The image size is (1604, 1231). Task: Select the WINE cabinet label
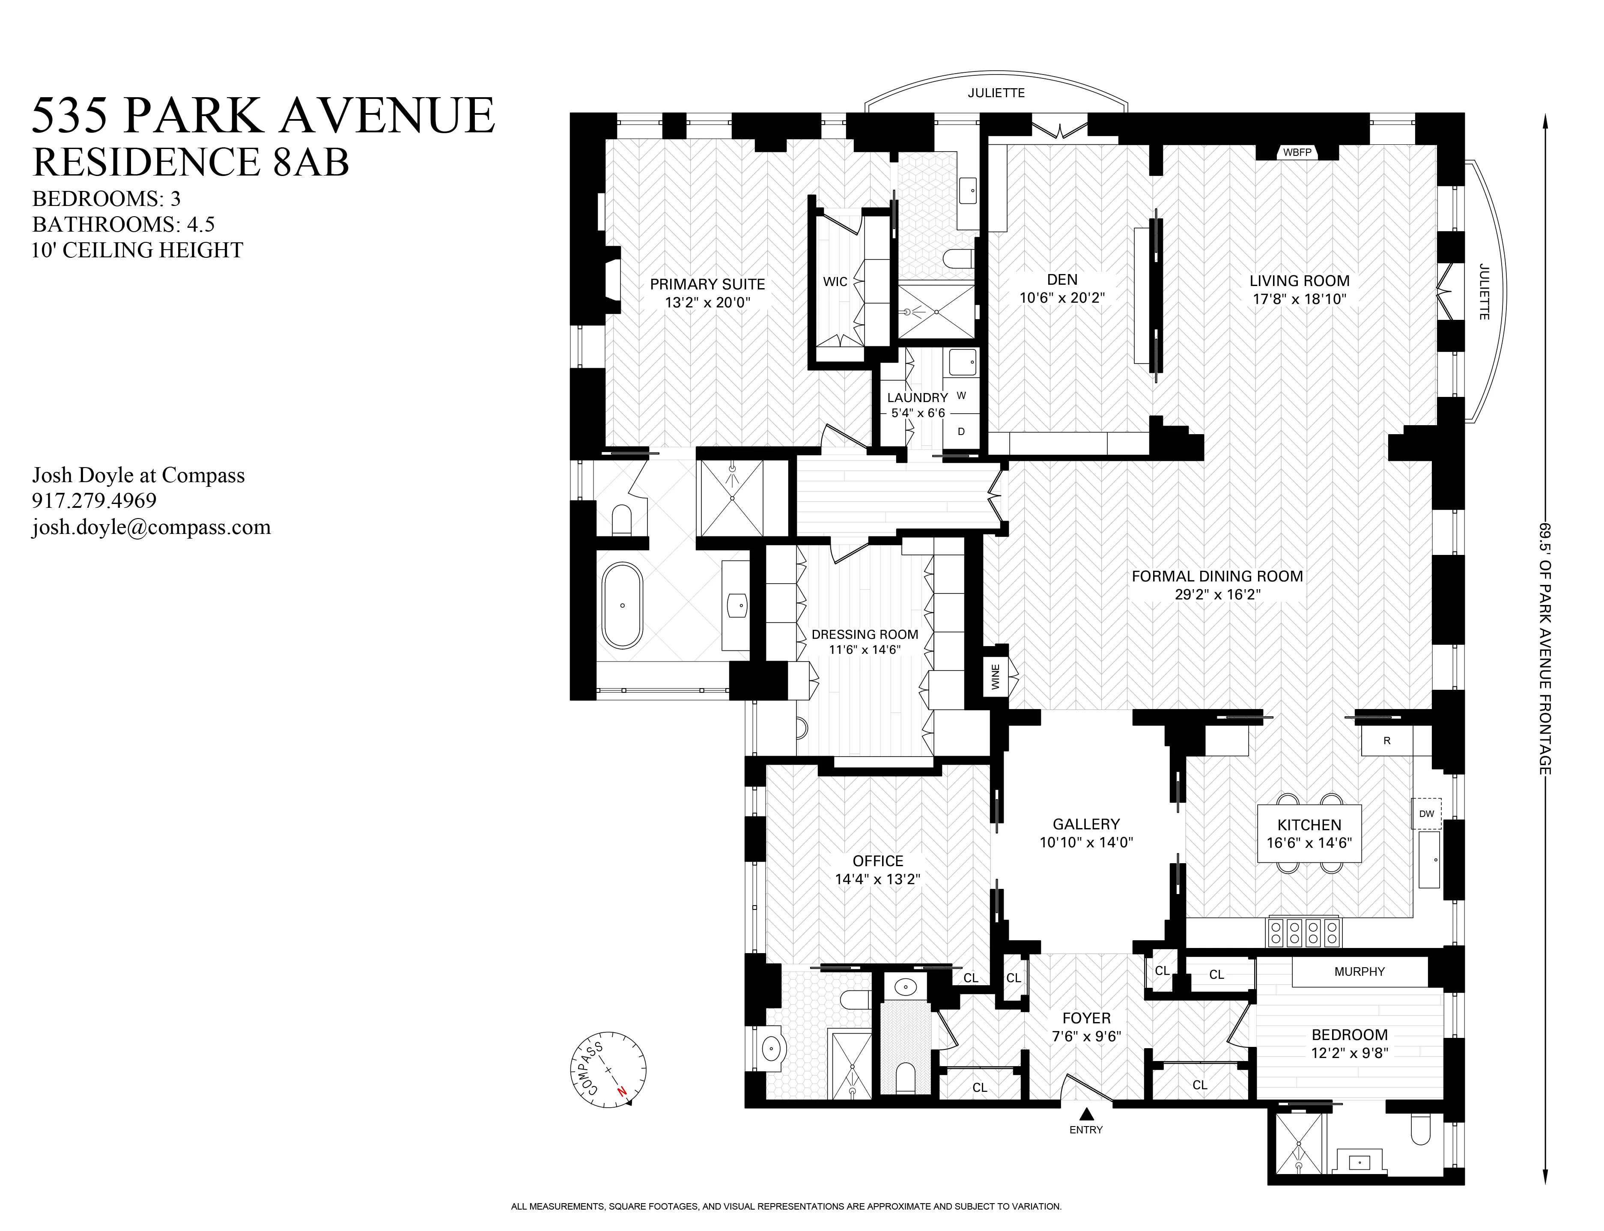(x=995, y=677)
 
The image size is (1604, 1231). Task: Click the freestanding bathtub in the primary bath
(x=622, y=605)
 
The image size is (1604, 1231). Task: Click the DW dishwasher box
(x=1426, y=814)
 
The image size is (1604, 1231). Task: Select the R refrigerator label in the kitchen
(x=1386, y=741)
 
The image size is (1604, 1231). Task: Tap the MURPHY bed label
(x=1359, y=972)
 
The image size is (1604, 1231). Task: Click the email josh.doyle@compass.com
(x=151, y=528)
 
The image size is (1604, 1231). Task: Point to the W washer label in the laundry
(x=961, y=396)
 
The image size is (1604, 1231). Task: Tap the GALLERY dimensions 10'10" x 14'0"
(x=1086, y=843)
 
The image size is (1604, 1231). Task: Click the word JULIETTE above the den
(x=996, y=93)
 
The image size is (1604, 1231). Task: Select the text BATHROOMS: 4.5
(x=123, y=224)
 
